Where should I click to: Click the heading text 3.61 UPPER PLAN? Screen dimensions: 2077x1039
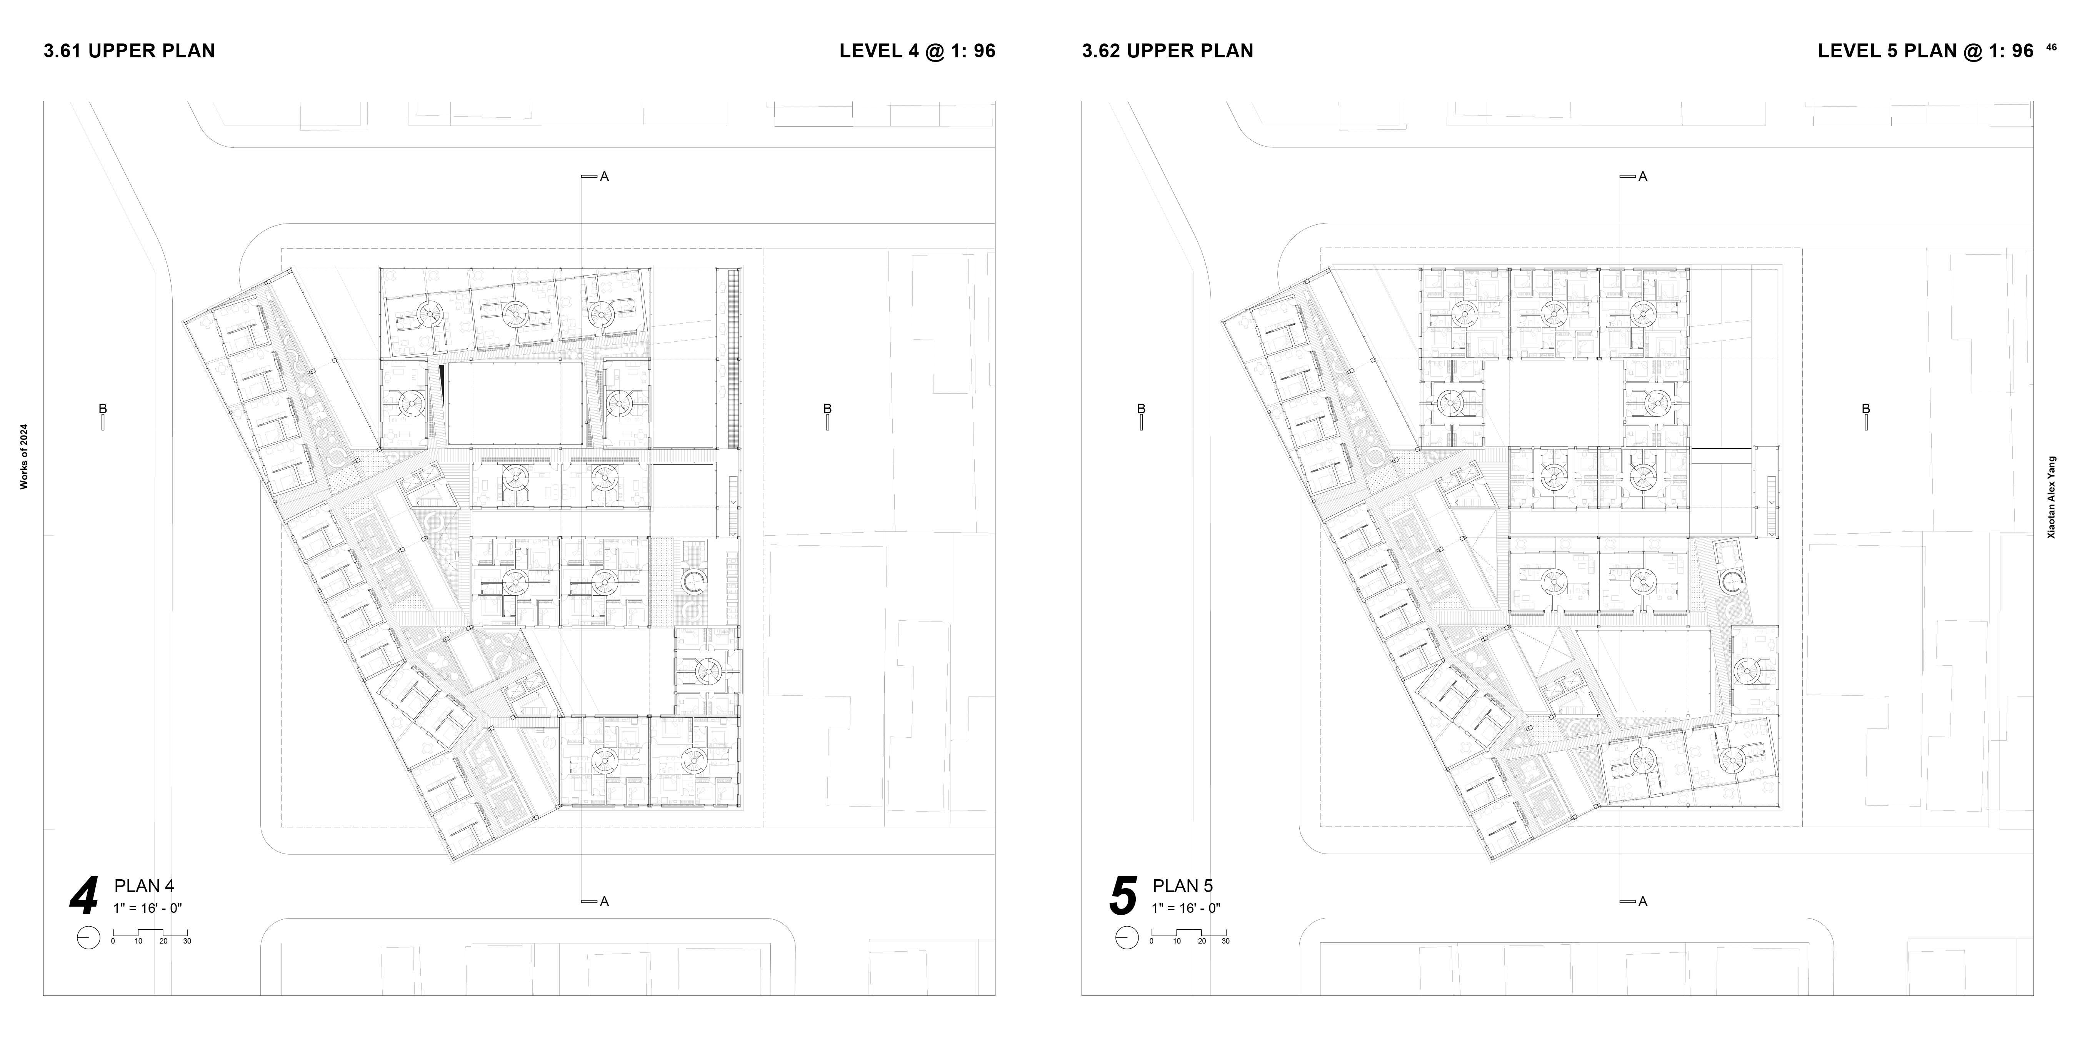tap(129, 51)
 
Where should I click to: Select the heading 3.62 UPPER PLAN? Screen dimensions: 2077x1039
tap(1167, 51)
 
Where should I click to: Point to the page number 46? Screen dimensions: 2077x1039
tap(2051, 47)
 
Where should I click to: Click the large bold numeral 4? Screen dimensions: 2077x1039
tap(84, 897)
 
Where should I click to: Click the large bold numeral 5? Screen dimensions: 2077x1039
tap(1123, 897)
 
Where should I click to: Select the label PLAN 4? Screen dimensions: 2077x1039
tap(144, 886)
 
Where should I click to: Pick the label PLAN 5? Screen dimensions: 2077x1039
tap(1183, 886)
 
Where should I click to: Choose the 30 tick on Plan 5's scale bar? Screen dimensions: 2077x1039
tap(1225, 941)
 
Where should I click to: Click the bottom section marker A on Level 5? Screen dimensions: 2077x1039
tap(1642, 901)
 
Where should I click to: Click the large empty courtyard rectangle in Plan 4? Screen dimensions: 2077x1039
tap(515, 403)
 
